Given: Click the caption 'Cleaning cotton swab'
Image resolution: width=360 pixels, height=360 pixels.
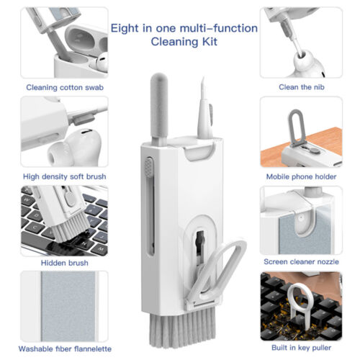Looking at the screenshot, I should coord(65,87).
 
